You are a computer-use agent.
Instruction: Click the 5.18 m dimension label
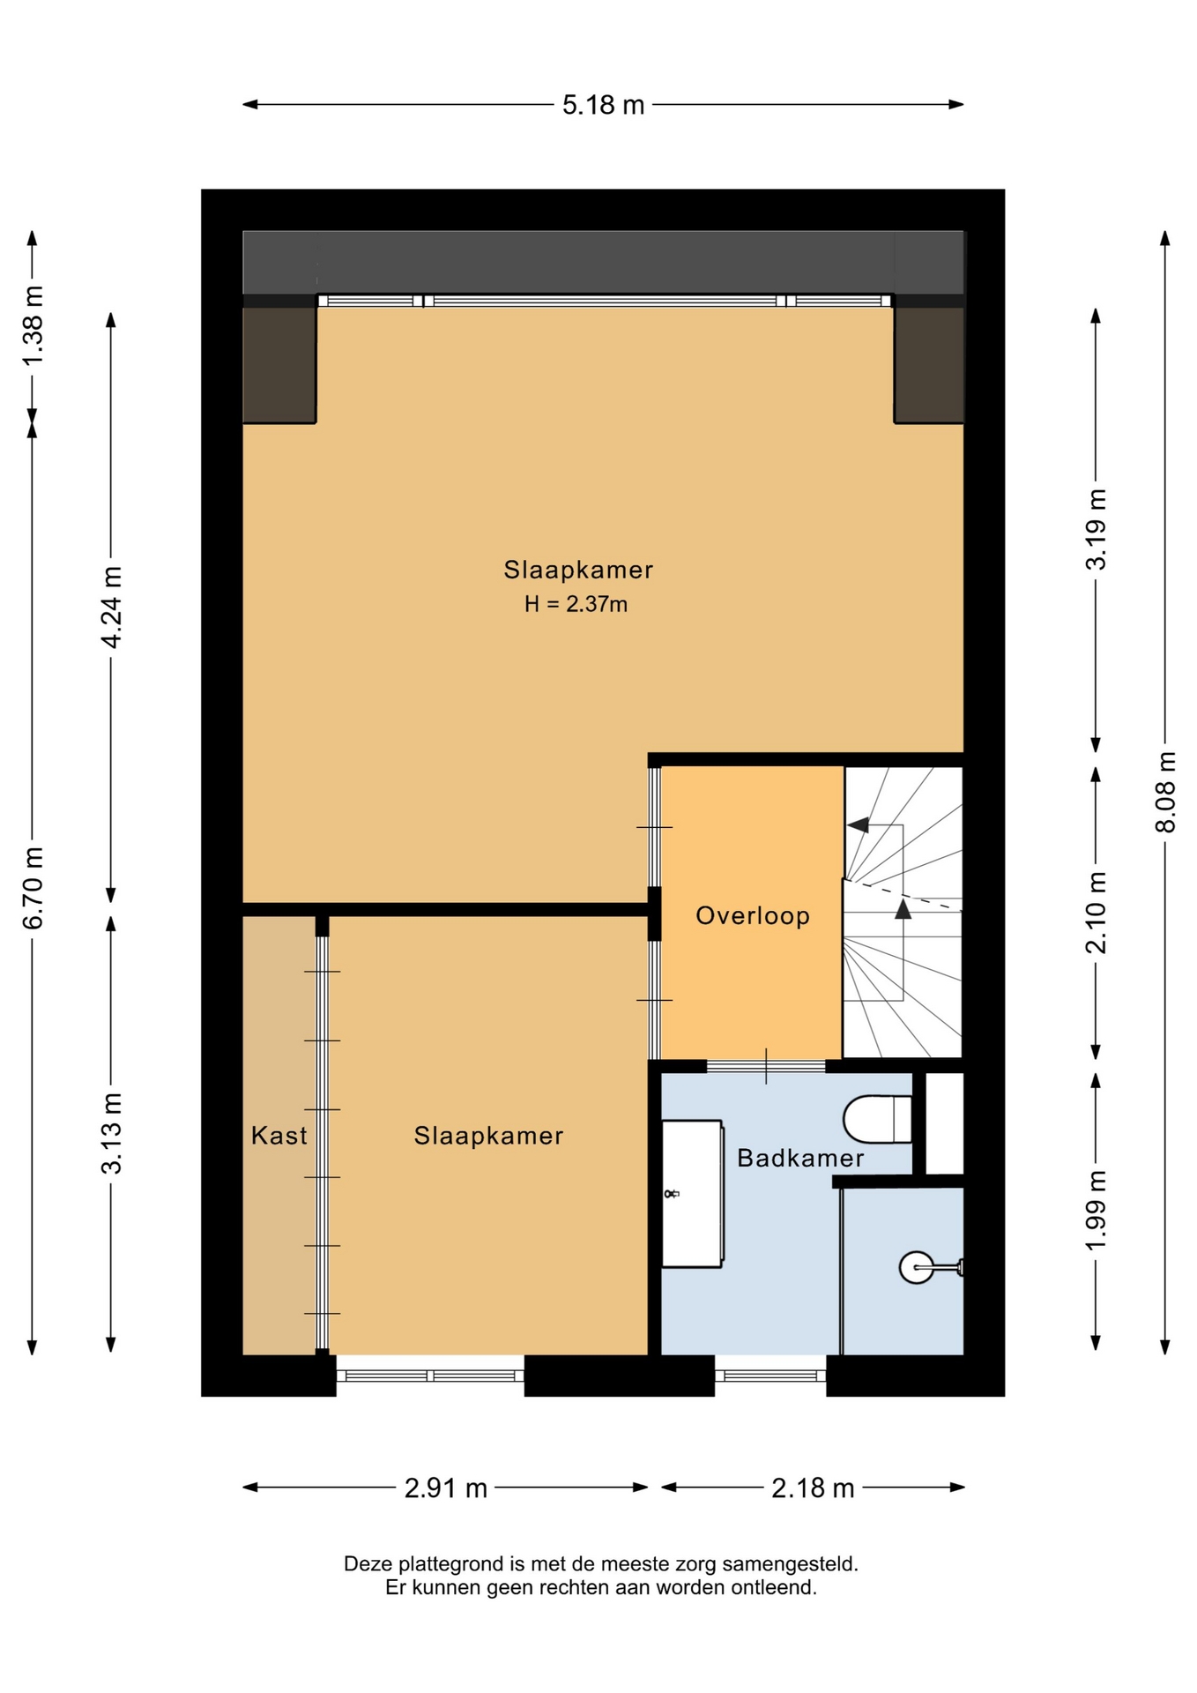click(x=604, y=105)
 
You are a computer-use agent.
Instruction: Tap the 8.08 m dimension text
click(x=1165, y=791)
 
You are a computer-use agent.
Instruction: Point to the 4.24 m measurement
click(x=111, y=608)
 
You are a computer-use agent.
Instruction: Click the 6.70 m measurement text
click(x=33, y=888)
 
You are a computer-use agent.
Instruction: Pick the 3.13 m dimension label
click(x=111, y=1133)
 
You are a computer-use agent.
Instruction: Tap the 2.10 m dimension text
click(x=1096, y=913)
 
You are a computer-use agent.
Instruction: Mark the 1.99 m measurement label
click(x=1096, y=1210)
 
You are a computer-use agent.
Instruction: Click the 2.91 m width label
click(x=445, y=1488)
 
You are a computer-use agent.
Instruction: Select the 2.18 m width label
click(x=813, y=1488)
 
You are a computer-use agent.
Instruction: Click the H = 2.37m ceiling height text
click(x=576, y=604)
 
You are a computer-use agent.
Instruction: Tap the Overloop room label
click(x=753, y=915)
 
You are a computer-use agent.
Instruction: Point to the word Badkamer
click(x=800, y=1158)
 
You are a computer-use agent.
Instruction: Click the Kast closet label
click(x=279, y=1135)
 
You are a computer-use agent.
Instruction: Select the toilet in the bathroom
click(x=877, y=1119)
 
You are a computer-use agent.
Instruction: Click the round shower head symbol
click(x=917, y=1267)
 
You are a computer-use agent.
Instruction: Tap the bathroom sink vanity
click(x=692, y=1194)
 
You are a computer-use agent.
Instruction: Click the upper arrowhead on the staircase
click(x=858, y=825)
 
